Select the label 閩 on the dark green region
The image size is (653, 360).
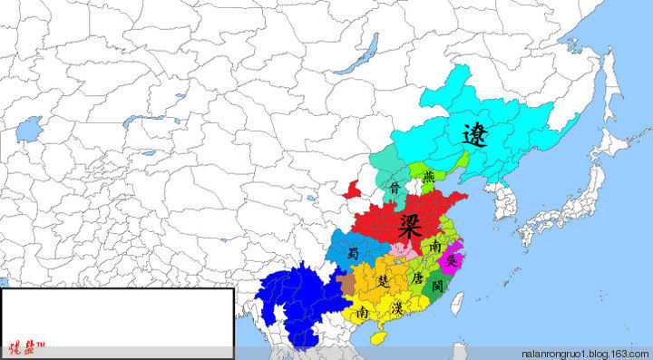point(437,286)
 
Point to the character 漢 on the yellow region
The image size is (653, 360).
point(396,309)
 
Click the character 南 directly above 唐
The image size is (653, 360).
point(436,247)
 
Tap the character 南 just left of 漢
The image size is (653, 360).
point(363,312)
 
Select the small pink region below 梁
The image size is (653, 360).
point(401,249)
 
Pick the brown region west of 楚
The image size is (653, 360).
point(348,285)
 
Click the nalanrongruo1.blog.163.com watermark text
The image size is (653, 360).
point(585,352)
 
